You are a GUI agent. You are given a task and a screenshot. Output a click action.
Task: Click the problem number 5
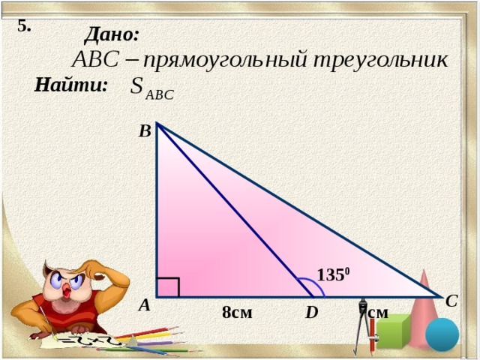pyautogui.click(x=23, y=25)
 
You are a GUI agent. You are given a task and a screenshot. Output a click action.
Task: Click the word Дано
pyautogui.click(x=112, y=34)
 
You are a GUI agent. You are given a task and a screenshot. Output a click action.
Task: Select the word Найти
pyautogui.click(x=71, y=85)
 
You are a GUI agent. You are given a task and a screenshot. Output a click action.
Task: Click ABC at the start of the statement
pyautogui.click(x=94, y=59)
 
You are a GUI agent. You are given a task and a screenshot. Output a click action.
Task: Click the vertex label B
pyautogui.click(x=145, y=131)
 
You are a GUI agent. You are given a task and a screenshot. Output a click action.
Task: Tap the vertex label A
pyautogui.click(x=144, y=305)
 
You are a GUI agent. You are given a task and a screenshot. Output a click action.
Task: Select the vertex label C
pyautogui.click(x=451, y=301)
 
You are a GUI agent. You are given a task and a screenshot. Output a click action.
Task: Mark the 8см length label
pyautogui.click(x=237, y=312)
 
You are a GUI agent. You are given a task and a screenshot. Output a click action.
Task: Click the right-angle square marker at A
pyautogui.click(x=167, y=287)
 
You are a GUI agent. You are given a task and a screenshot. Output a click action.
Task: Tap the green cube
pyautogui.click(x=393, y=333)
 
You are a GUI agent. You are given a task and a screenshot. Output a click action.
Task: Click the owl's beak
pyautogui.click(x=70, y=288)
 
